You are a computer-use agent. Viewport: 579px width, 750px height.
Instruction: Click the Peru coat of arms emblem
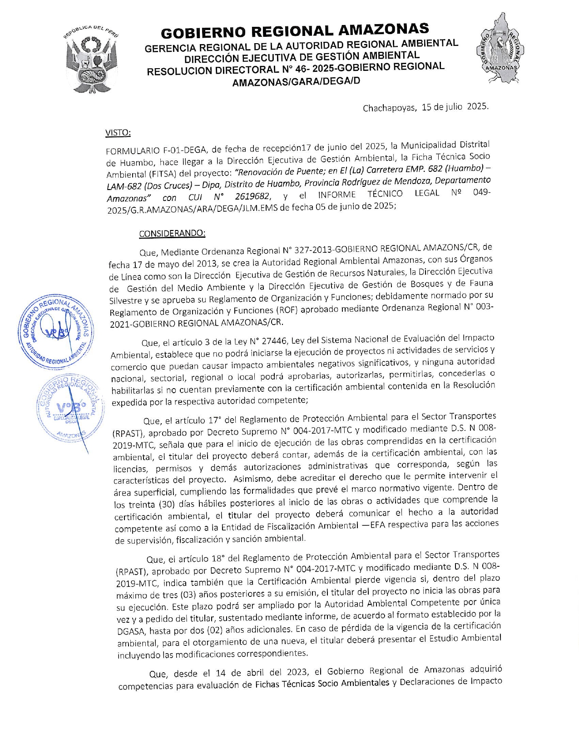click(x=92, y=59)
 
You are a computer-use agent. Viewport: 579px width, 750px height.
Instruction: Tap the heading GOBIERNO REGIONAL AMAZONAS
click(x=295, y=31)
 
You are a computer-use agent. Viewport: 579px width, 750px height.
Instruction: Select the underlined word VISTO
click(x=118, y=133)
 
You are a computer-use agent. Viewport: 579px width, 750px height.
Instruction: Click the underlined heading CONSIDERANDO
click(x=172, y=234)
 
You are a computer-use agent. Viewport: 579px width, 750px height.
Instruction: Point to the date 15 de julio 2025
click(x=455, y=107)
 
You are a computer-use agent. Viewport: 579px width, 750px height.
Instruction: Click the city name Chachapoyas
click(x=389, y=108)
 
